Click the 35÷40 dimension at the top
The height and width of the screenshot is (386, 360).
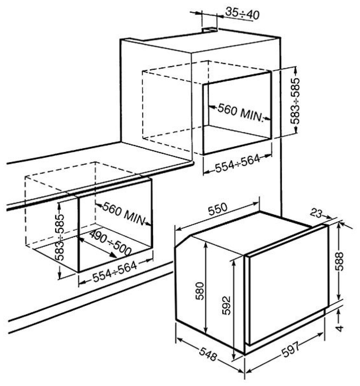coord(242,14)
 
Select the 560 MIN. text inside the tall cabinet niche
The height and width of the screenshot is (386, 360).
coord(240,113)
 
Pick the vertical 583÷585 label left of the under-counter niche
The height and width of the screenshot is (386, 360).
coord(60,237)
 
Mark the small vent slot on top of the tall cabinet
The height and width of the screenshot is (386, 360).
coord(209,30)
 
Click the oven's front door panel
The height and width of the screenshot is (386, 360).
coord(287,285)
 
